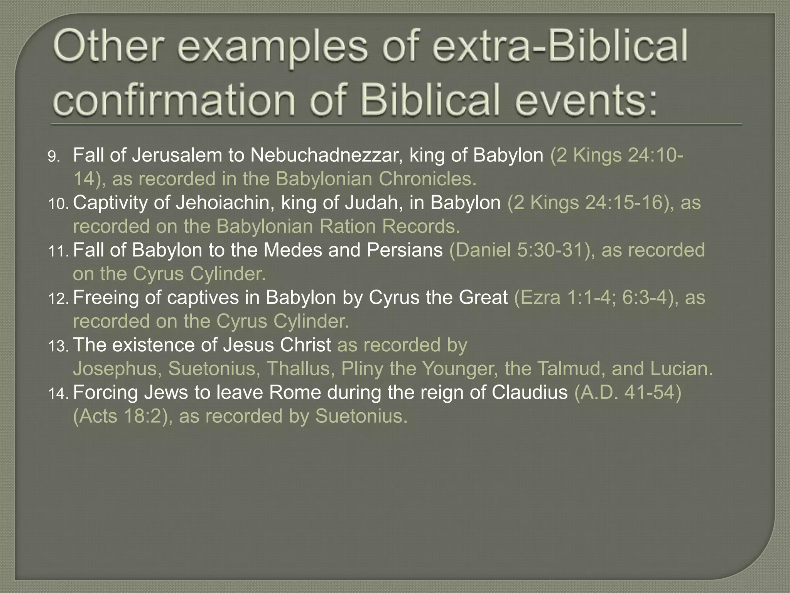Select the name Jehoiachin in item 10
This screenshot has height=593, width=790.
[x=225, y=203]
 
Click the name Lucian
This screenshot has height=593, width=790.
[x=681, y=369]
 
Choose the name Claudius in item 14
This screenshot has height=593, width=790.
[x=529, y=393]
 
